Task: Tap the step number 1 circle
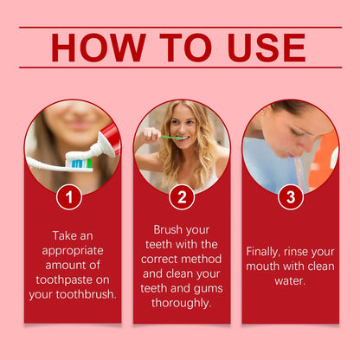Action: click(x=70, y=197)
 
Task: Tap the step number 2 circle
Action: click(x=181, y=197)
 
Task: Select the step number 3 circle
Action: click(x=291, y=197)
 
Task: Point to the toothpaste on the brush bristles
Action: click(x=80, y=162)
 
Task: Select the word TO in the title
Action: click(x=179, y=48)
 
